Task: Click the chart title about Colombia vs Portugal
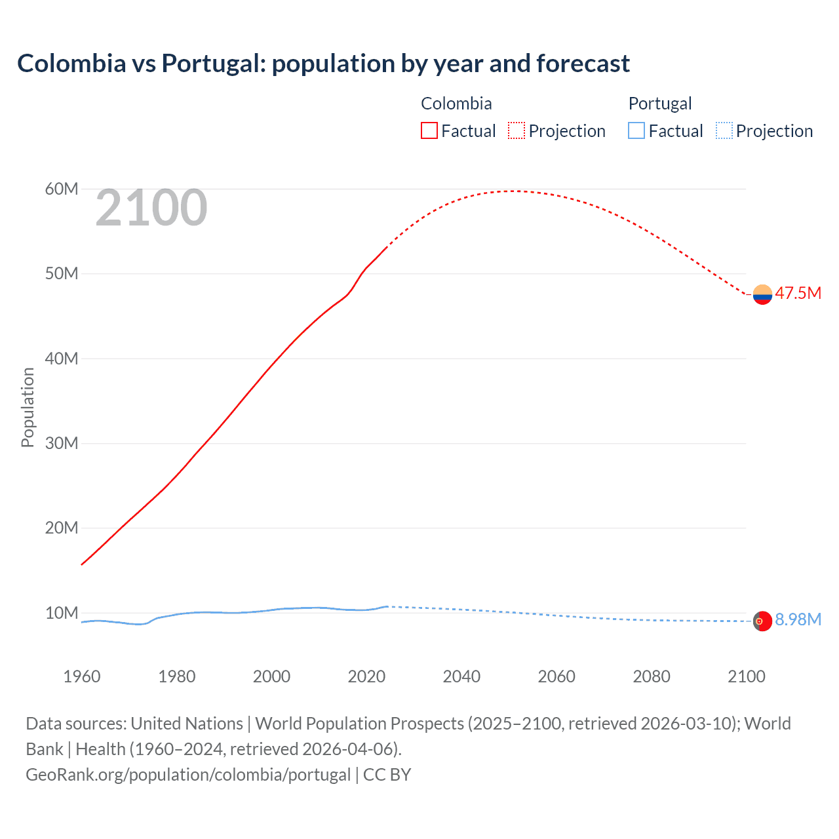323,64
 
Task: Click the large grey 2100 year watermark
151,208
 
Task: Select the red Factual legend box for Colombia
429,130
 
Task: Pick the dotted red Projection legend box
517,130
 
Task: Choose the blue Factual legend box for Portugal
636,130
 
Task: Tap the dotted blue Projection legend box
724,130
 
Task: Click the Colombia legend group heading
456,104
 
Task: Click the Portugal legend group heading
660,104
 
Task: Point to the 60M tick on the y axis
62,189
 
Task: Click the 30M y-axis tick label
62,444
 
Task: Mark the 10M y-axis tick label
62,614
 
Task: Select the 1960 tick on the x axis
82,676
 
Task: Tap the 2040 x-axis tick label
461,676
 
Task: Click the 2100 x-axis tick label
747,676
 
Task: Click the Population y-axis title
28,407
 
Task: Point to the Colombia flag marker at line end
762,295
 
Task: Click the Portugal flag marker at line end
762,621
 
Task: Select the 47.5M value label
798,293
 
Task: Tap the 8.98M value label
798,619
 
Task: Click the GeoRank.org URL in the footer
188,775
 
